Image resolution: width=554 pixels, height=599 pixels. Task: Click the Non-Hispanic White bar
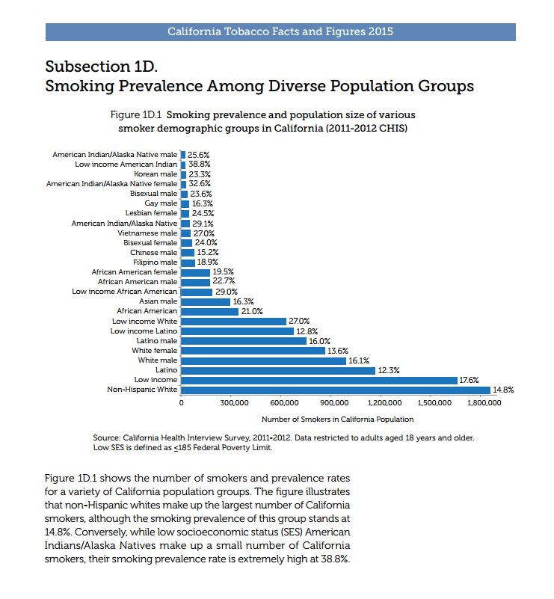pyautogui.click(x=336, y=390)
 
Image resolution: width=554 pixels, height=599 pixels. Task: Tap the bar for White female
pyautogui.click(x=253, y=350)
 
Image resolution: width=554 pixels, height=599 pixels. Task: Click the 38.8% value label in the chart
pyautogui.click(x=198, y=164)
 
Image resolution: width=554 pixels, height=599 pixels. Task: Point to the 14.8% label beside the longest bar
pyautogui.click(x=503, y=390)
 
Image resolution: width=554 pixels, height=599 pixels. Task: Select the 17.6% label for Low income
pyautogui.click(x=469, y=380)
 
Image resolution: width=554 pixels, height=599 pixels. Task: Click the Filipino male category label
pyautogui.click(x=155, y=262)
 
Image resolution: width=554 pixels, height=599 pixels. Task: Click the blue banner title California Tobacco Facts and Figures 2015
pyautogui.click(x=280, y=32)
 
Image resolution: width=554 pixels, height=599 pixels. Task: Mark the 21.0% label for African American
pyautogui.click(x=252, y=311)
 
